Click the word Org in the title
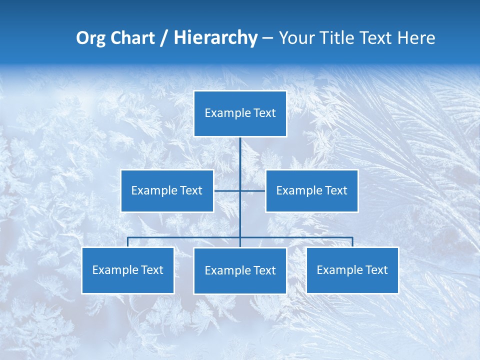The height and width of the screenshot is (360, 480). coord(91,38)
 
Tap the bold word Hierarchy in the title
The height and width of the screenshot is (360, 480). coord(215,38)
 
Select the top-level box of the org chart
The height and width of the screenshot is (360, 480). coord(240,113)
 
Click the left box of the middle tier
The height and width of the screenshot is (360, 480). coord(167,190)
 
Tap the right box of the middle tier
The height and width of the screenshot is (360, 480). coord(311,190)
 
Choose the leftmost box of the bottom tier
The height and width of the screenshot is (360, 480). coord(128,270)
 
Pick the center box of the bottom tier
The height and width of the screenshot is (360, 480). coord(240,270)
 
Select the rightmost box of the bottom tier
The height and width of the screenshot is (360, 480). coord(352,270)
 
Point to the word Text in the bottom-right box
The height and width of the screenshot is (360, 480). coord(376,270)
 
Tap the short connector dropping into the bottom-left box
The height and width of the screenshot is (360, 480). coord(128,242)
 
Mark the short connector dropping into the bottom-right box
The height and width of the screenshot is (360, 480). coord(352,242)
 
